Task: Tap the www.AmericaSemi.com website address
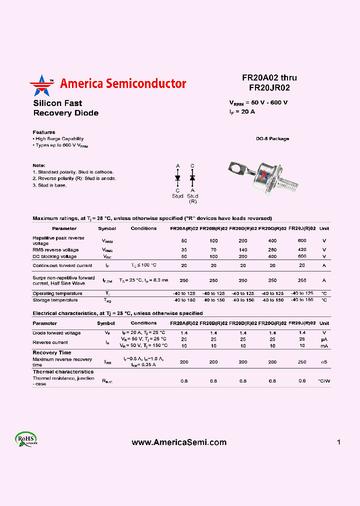tap(179, 442)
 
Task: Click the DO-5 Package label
tap(272, 138)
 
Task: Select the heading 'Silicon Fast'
tap(57, 103)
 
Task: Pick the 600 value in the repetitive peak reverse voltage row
tap(302, 240)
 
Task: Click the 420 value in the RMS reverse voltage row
tap(302, 249)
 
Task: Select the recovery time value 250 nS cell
tap(302, 361)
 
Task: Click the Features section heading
tap(44, 132)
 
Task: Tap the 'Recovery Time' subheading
tap(52, 352)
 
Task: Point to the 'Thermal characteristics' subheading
tap(63, 371)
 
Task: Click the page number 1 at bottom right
tap(338, 442)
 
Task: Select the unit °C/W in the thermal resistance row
tap(324, 381)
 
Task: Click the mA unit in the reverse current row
tap(324, 345)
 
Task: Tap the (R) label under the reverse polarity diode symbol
tap(192, 201)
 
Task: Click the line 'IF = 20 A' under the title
tap(242, 112)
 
